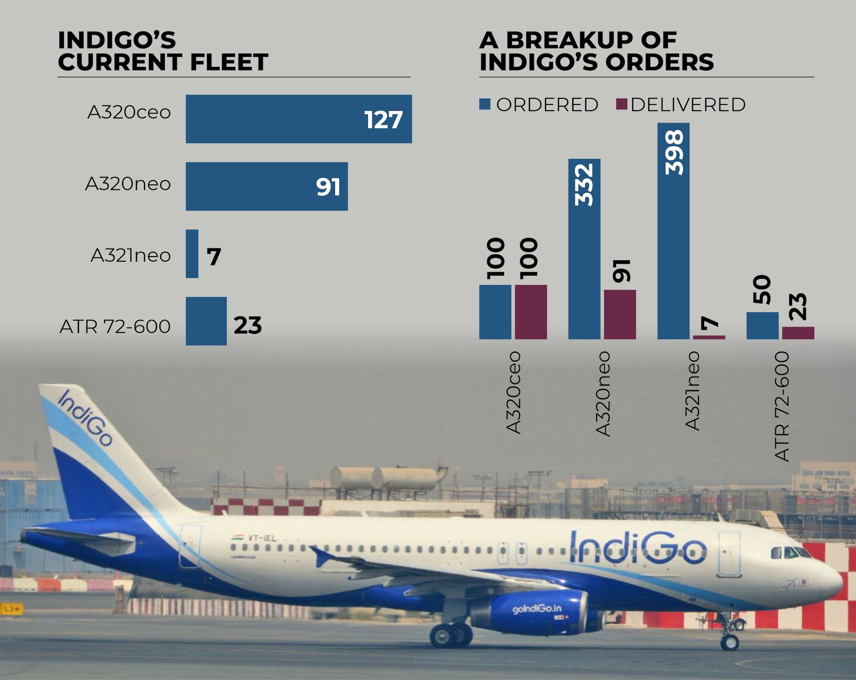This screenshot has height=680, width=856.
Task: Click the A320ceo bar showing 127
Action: point(298,119)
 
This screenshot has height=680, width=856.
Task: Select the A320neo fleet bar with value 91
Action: point(266,186)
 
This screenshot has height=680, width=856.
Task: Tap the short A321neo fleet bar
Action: point(192,254)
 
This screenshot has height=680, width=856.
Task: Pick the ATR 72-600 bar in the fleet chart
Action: point(206,321)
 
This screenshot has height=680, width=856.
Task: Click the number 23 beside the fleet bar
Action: point(247,325)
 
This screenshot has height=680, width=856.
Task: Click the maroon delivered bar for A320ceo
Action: point(530,312)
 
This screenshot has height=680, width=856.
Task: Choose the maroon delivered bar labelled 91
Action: point(620,314)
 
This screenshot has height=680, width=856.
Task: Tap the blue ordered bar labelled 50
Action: point(762,326)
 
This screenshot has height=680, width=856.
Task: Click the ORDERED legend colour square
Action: point(485,104)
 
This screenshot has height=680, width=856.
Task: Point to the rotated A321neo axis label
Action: point(692,391)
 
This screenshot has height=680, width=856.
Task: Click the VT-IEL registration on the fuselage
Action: point(262,538)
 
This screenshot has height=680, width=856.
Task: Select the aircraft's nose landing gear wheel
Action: point(730,642)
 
